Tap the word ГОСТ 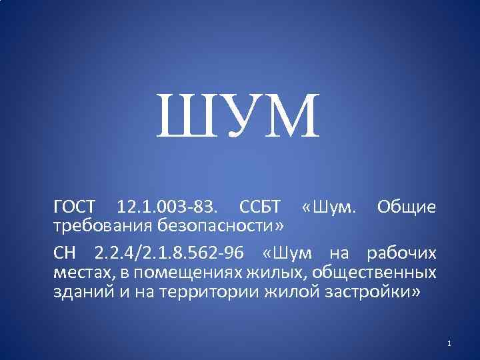(75, 207)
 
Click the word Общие (407, 207)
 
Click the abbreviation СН (67, 254)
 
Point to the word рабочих (403, 254)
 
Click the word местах (78, 273)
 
